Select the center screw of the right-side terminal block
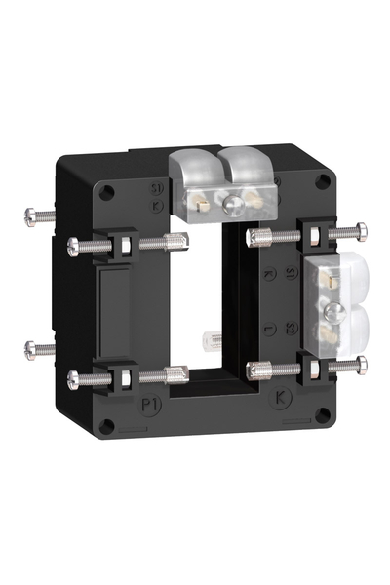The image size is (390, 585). [x=332, y=311]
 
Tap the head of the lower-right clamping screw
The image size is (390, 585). [x=362, y=364]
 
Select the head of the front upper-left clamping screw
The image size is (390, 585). [x=74, y=245]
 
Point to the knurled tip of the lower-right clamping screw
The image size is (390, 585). [x=258, y=368]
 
